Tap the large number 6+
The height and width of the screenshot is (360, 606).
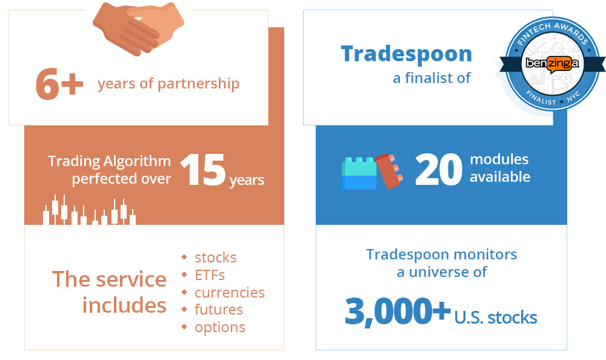59,84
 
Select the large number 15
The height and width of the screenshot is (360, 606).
202,170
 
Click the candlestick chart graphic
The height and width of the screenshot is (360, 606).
89,211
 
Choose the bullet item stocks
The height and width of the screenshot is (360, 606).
215,258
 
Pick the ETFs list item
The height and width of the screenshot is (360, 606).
209,275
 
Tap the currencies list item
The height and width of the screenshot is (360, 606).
229,293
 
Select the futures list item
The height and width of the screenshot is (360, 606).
218,310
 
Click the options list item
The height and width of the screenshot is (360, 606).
219,327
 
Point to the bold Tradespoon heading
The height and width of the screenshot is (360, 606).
406,54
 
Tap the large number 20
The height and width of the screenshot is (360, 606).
438,170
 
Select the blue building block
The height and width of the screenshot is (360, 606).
359,174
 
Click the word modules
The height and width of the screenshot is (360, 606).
499,160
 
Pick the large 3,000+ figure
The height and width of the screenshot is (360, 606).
397,311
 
